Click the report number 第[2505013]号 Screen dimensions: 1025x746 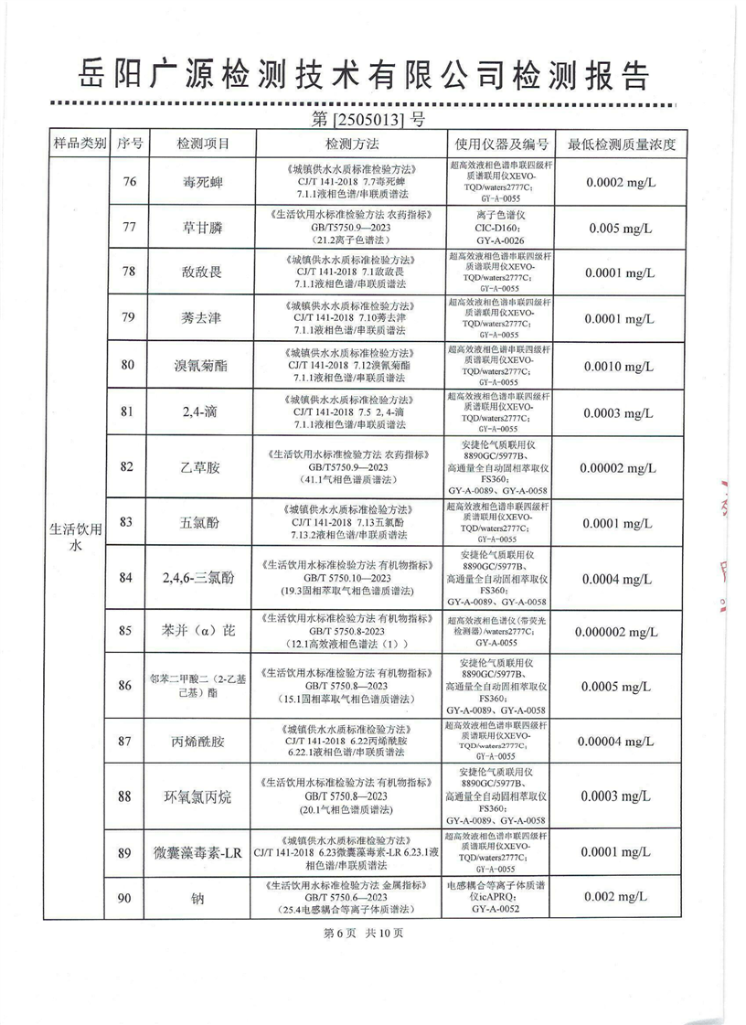368,119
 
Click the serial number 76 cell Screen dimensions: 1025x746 129,182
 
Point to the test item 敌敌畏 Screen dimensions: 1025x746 202,272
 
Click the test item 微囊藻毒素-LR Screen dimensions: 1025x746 202,852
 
